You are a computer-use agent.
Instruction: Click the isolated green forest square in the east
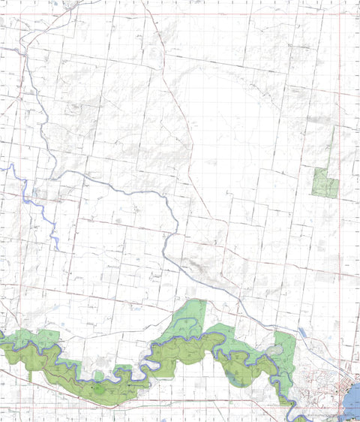pos(325,183)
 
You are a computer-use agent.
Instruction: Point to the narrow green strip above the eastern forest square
pos(333,147)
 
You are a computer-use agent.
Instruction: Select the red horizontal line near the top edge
pos(180,14)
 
